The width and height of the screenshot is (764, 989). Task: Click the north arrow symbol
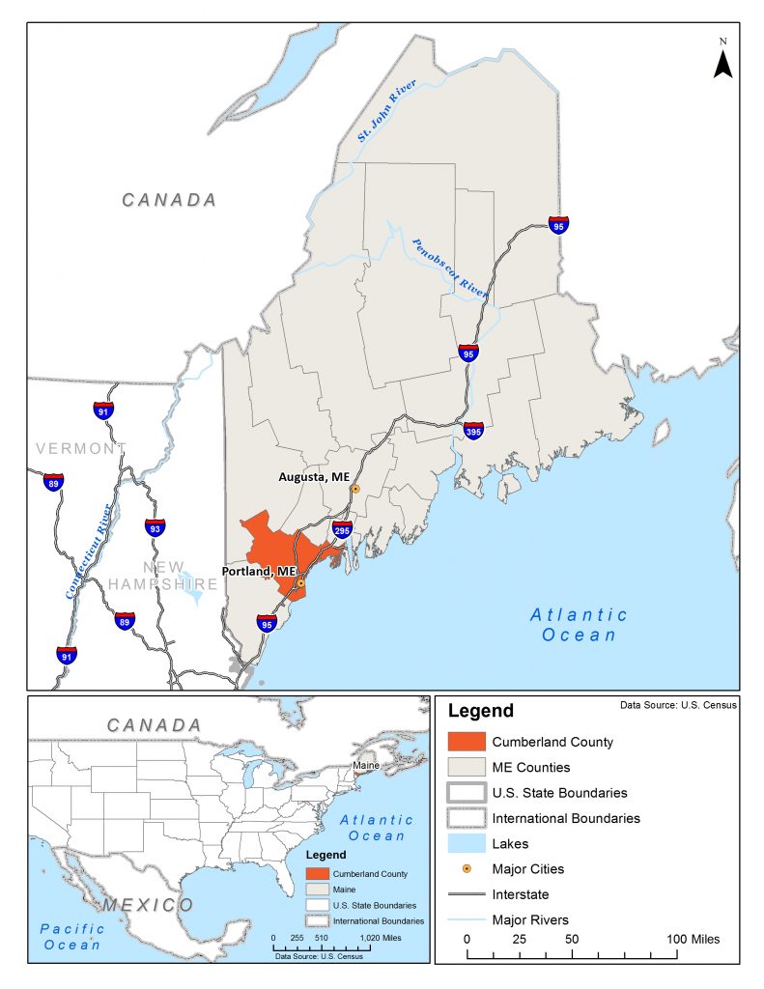722,61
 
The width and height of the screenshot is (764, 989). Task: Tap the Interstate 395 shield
473,430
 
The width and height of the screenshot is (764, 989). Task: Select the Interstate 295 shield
342,529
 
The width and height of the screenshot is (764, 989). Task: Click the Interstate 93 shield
155,527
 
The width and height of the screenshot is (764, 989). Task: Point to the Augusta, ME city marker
354,489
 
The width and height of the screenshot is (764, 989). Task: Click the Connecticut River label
88,551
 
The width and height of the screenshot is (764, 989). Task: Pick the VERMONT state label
80,448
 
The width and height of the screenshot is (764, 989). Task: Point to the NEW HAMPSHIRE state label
162,576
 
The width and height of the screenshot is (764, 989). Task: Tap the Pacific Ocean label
72,936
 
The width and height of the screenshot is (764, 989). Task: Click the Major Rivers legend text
529,918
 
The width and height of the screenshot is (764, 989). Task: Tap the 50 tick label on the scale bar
571,939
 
